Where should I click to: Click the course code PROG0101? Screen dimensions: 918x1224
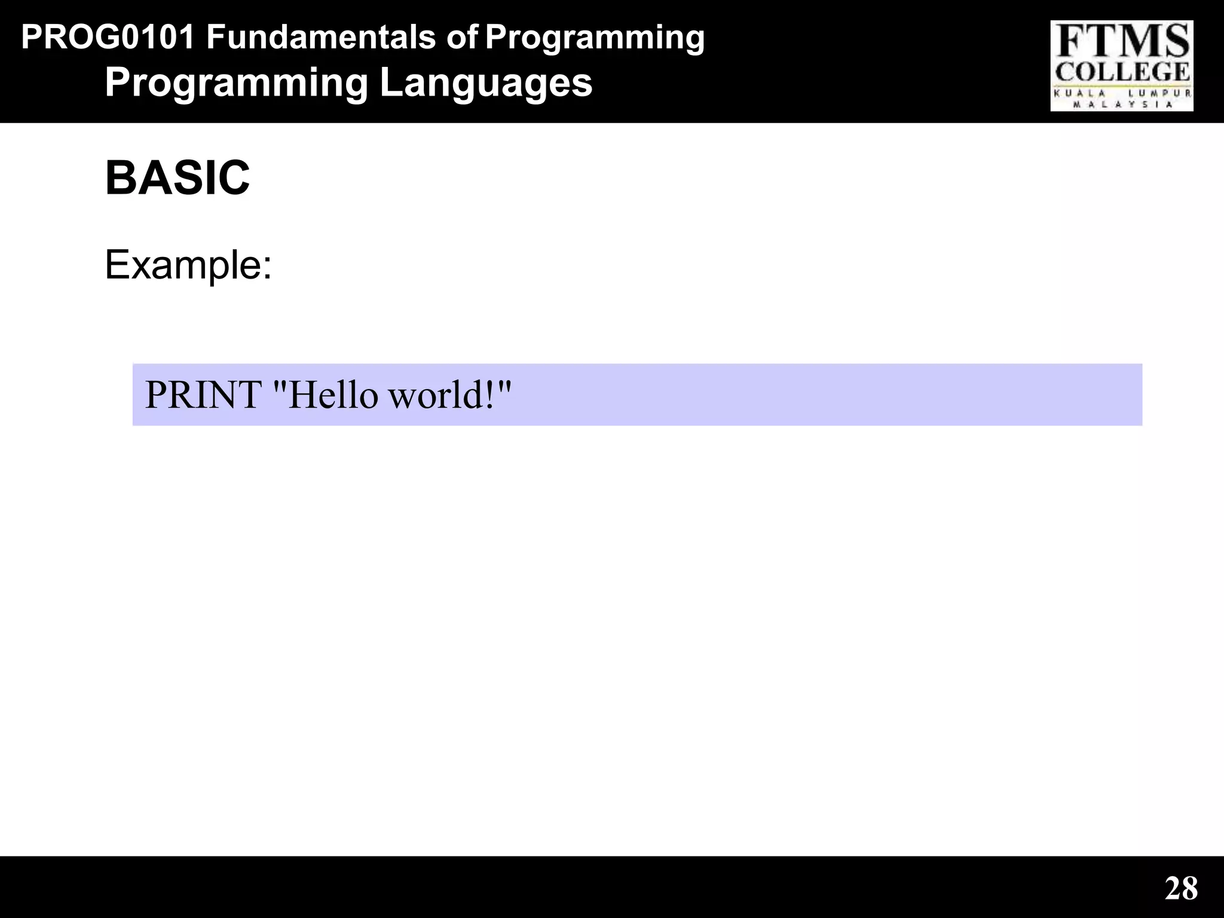(x=108, y=37)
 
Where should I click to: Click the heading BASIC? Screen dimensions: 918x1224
(x=178, y=178)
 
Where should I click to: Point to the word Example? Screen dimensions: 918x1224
(x=188, y=265)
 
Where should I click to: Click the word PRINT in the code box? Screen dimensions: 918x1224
(x=203, y=395)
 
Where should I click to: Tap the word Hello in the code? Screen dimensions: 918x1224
(x=333, y=395)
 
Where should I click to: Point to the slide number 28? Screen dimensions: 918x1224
(x=1181, y=888)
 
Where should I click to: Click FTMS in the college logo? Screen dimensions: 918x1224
(x=1122, y=41)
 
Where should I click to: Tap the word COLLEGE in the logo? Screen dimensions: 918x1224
(x=1122, y=72)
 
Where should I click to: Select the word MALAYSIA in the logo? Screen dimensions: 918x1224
(x=1122, y=105)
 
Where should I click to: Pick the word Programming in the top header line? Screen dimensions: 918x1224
(x=595, y=37)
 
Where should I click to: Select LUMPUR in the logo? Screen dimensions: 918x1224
(x=1159, y=93)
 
